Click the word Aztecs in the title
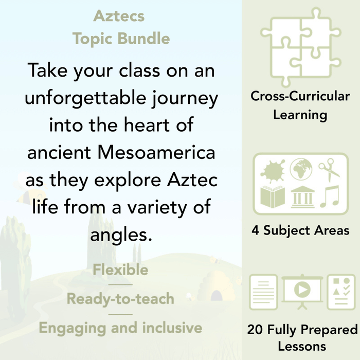pos(119,16)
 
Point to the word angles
pos(121,235)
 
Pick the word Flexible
pos(120,270)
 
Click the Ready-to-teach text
pos(120,299)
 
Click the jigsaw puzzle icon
pos(300,46)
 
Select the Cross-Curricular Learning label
pos(300,105)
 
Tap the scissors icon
pos(330,170)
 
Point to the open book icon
pos(273,197)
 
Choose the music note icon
pos(330,197)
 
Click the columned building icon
pos(302,197)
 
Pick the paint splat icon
pos(273,170)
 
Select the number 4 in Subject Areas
pos(255,231)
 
